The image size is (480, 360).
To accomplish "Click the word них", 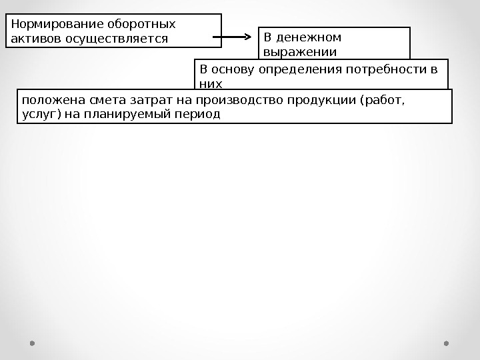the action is point(210,84).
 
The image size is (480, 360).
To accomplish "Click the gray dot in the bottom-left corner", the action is point(32,343).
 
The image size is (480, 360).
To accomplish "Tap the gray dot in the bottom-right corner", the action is point(447,343).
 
